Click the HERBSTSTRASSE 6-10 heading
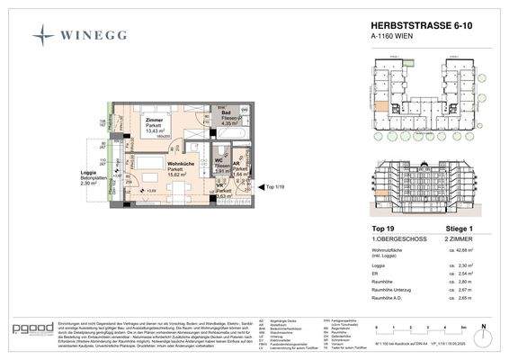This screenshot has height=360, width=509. pyautogui.click(x=414, y=28)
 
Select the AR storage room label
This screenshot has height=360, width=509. pyautogui.click(x=237, y=165)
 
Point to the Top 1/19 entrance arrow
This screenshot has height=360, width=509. pyautogui.click(x=267, y=186)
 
